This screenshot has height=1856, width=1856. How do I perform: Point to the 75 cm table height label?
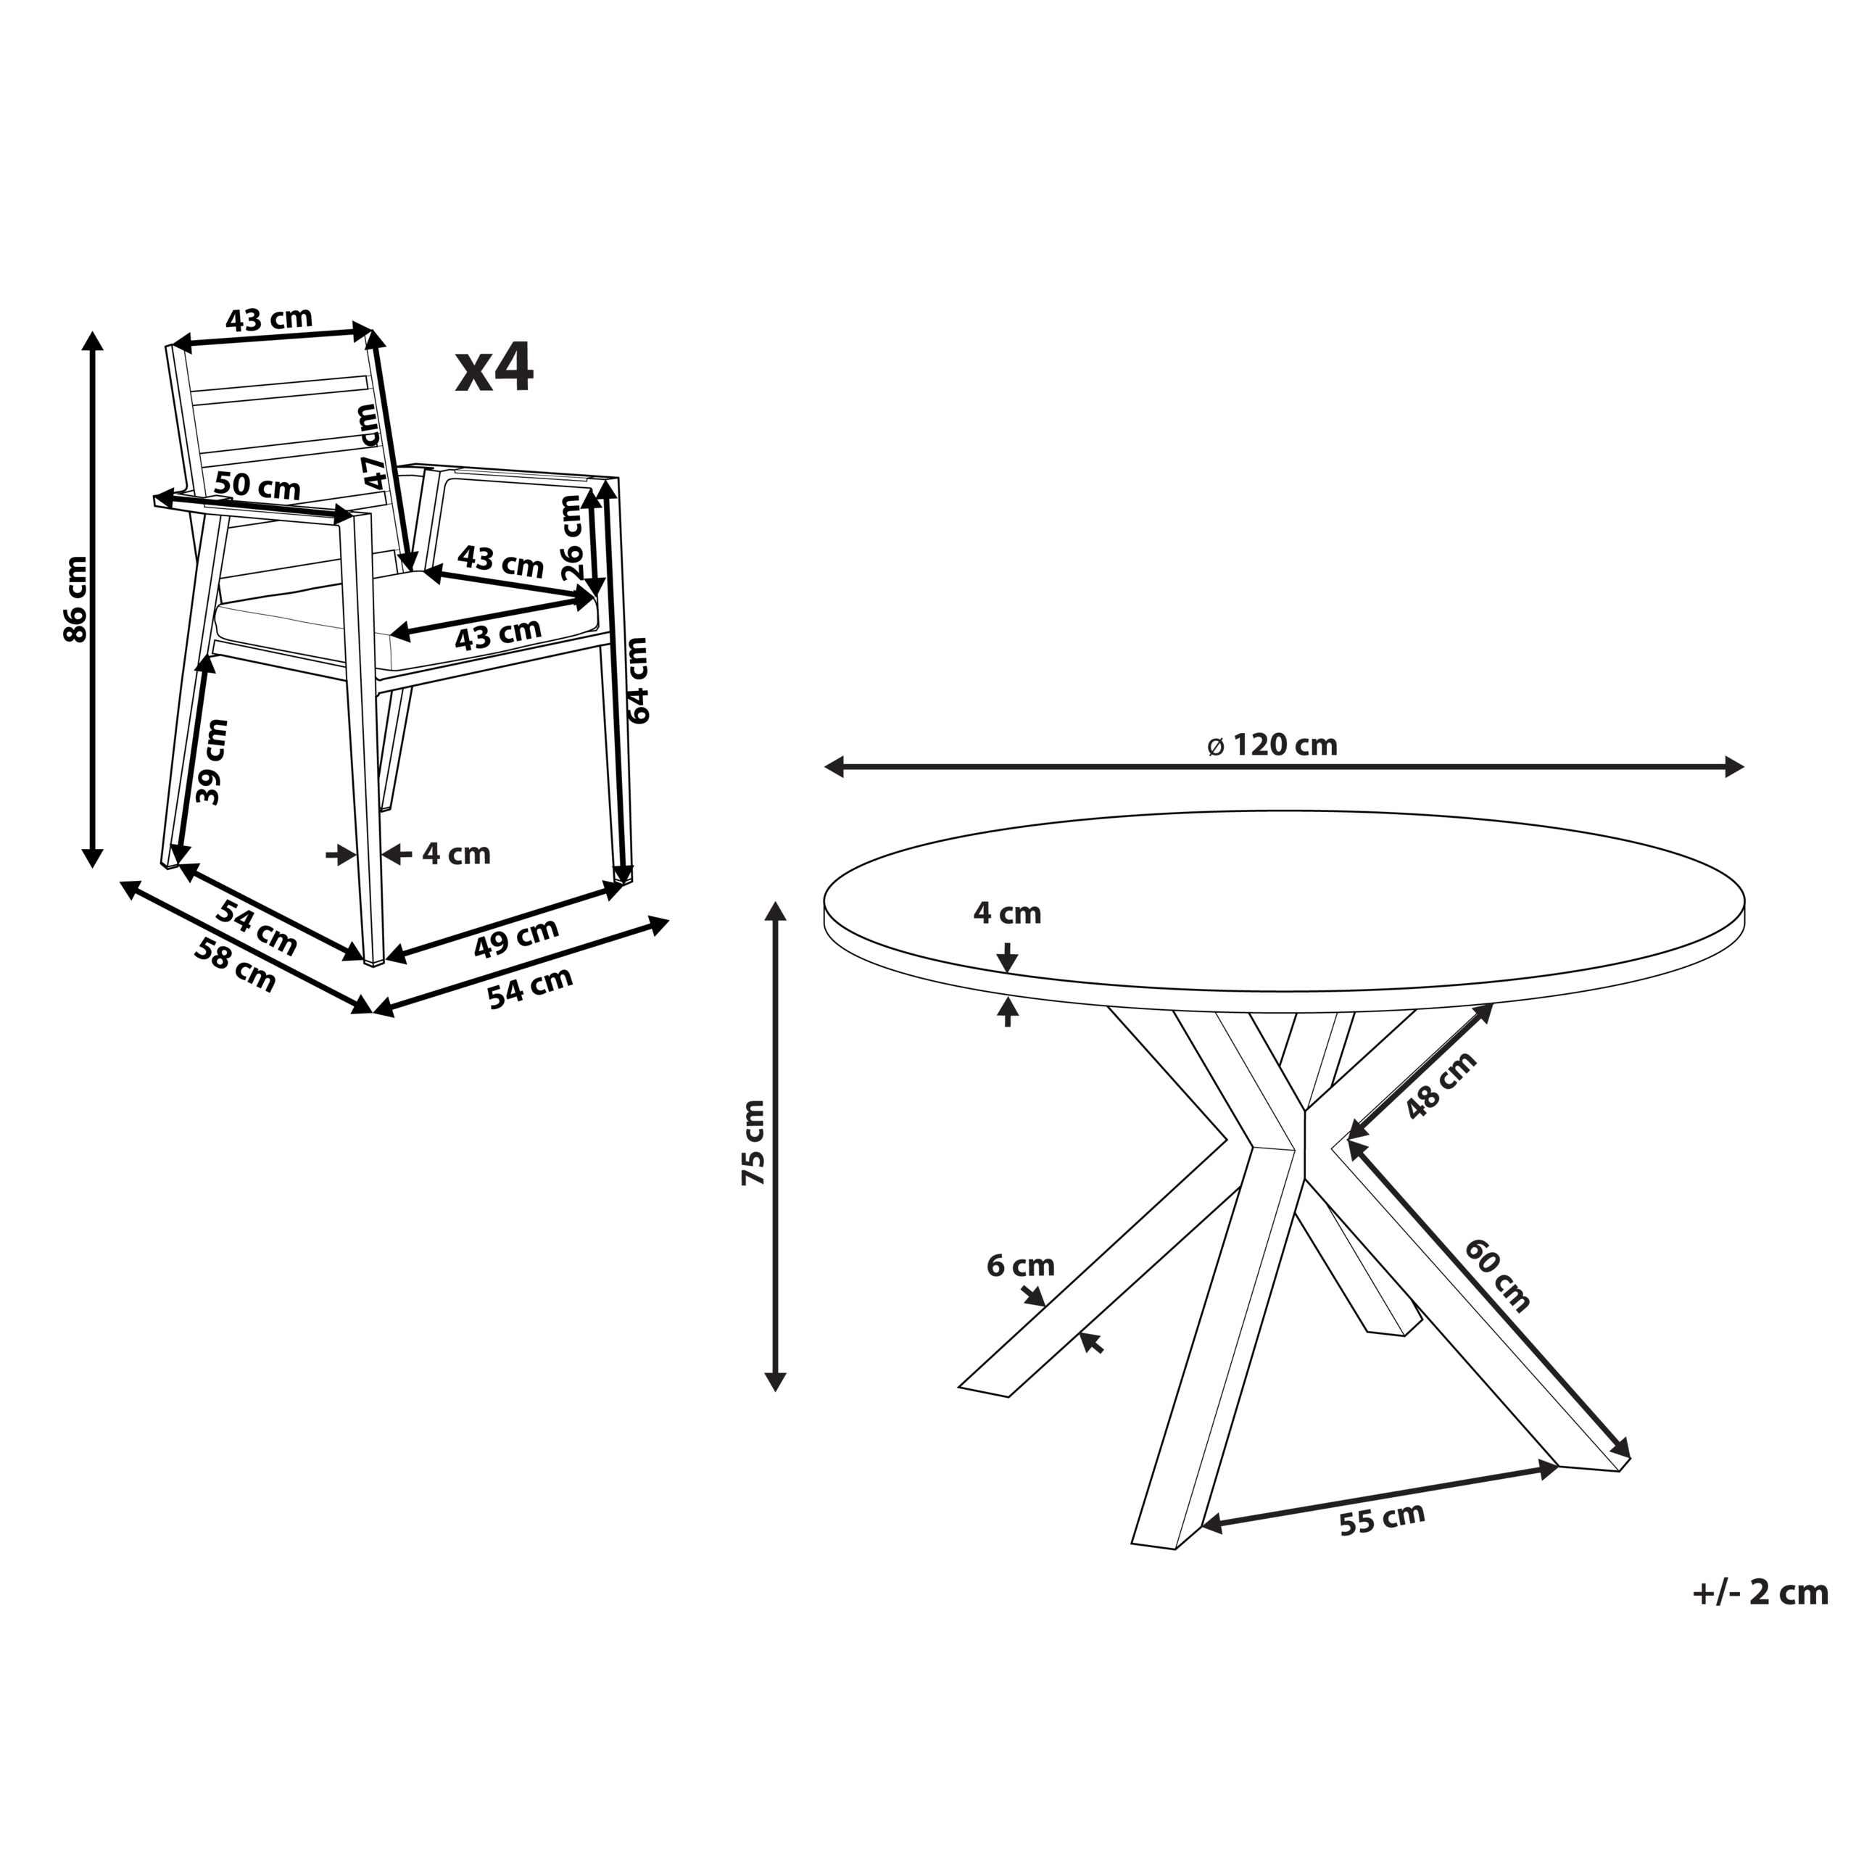(753, 1142)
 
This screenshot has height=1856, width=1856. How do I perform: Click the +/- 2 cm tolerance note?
(1760, 1593)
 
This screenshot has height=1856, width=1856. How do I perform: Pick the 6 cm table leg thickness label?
(1020, 1265)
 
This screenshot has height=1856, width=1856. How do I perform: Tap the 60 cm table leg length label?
(1496, 1275)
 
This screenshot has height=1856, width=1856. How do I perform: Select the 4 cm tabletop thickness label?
(1007, 913)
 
